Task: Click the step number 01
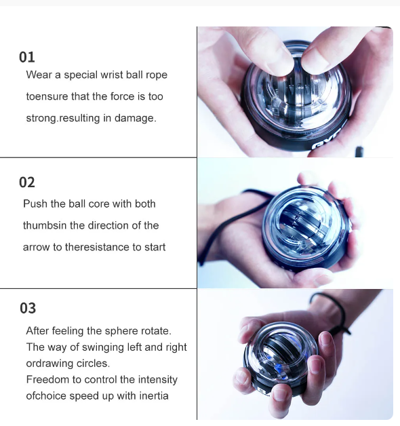click(27, 57)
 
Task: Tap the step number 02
click(27, 182)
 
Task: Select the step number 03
click(28, 308)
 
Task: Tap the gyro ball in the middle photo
click(306, 229)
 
